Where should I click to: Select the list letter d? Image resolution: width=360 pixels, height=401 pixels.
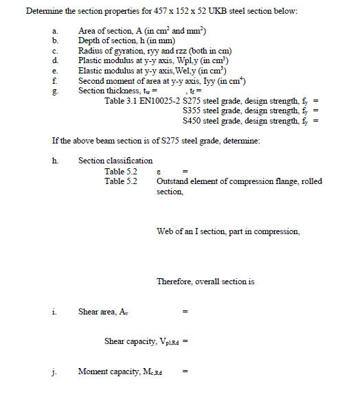[x=55, y=61]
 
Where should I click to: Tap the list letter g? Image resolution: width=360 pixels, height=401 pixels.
[x=55, y=91]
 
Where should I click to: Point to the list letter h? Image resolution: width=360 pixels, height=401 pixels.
[x=55, y=161]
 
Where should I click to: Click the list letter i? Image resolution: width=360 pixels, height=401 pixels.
[x=54, y=311]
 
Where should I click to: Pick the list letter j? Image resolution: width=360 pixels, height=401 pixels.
[x=54, y=371]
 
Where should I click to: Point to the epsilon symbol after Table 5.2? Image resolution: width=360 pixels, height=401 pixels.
[x=159, y=172]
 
